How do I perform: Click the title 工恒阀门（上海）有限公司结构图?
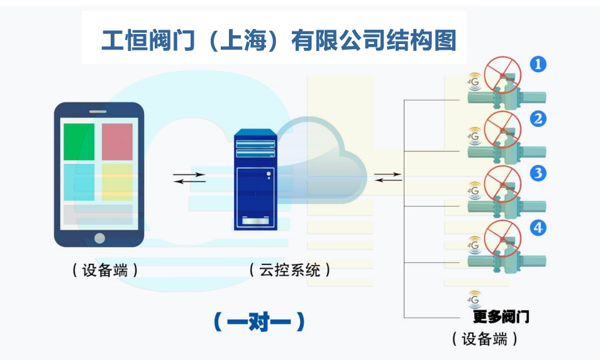click(279, 41)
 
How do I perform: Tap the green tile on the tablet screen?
click(79, 142)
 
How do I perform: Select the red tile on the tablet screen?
click(118, 142)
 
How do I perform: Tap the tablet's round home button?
click(99, 238)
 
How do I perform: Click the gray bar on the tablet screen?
click(98, 215)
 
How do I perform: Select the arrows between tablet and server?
click(189, 177)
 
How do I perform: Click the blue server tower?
click(255, 179)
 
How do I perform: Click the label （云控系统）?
click(289, 271)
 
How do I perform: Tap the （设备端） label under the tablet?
click(104, 271)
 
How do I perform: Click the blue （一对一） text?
click(259, 322)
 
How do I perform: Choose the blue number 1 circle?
click(538, 64)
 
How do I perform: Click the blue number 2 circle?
click(538, 118)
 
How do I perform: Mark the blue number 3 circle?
click(538, 173)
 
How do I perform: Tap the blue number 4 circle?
click(538, 228)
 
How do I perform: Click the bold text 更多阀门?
click(501, 317)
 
